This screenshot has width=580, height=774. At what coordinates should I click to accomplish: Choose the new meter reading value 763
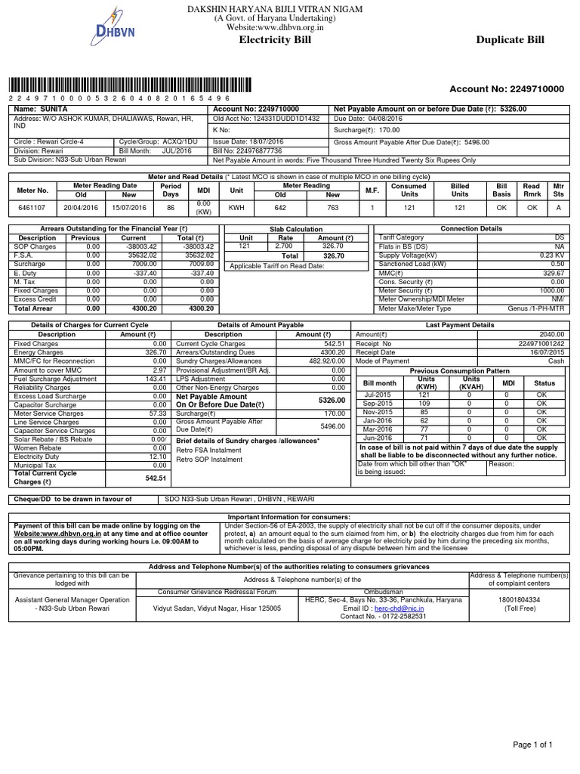click(332, 207)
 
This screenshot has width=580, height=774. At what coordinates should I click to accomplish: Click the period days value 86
click(171, 207)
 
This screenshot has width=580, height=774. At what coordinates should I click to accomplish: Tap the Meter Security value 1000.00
click(552, 290)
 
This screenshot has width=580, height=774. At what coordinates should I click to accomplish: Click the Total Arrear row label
click(34, 308)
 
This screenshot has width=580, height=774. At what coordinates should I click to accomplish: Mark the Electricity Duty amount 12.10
click(158, 457)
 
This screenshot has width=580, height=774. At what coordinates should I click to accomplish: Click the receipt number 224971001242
click(541, 343)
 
